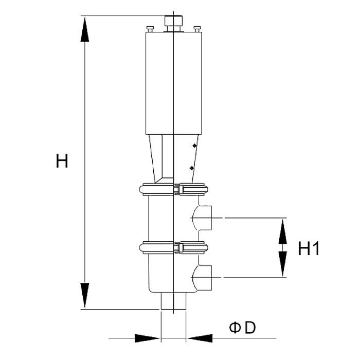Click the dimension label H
62,161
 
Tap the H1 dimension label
309,248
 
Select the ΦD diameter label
242,328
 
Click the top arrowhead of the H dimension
85,29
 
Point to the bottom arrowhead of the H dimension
85,296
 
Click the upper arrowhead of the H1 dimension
283,231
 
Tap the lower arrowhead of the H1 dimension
283,263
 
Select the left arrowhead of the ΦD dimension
147,338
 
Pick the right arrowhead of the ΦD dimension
200,338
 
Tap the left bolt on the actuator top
150,29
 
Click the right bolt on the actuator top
197,29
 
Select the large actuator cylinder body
174,83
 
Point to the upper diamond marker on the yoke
194,146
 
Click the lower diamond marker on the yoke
192,168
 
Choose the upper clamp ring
174,189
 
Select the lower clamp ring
174,247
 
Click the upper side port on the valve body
202,218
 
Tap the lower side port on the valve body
202,277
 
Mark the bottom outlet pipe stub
174,301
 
